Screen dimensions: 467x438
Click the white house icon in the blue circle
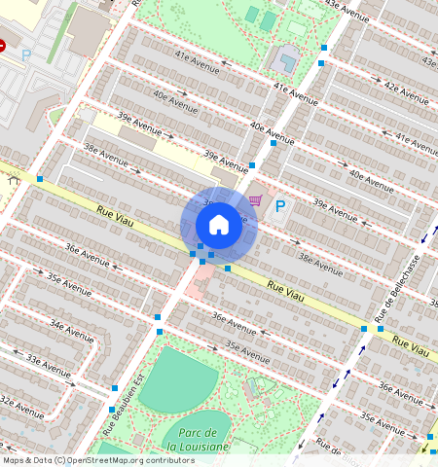pyautogui.click(x=219, y=225)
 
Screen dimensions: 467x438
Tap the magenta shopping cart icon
pyautogui.click(x=255, y=201)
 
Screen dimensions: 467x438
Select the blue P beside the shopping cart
pyautogui.click(x=280, y=206)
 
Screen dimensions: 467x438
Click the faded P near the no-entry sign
pyautogui.click(x=26, y=56)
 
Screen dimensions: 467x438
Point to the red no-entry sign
pyautogui.click(x=2, y=45)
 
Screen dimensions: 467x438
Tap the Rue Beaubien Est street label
pyautogui.click(x=123, y=397)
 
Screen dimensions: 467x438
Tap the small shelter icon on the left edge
pyautogui.click(x=13, y=179)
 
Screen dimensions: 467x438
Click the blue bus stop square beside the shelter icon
pyautogui.click(x=40, y=179)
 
